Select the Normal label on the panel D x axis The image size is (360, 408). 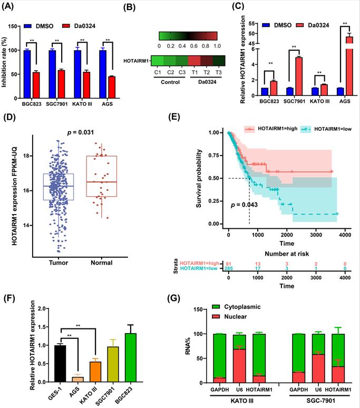point(103,261)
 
